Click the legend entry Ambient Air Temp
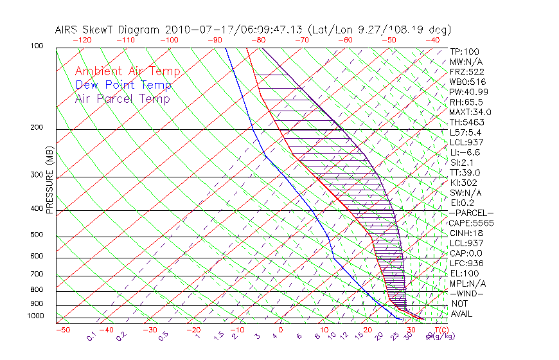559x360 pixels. coord(127,71)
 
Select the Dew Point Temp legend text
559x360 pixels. coord(123,85)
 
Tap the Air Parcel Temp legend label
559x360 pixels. coord(122,98)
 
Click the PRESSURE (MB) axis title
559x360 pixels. coord(50,180)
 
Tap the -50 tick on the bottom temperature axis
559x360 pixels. coord(63,330)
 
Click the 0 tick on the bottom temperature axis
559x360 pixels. coord(281,330)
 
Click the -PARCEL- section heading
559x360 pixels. coord(472,213)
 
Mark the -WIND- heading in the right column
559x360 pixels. coord(468,293)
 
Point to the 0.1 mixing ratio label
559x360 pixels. coord(91,336)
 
